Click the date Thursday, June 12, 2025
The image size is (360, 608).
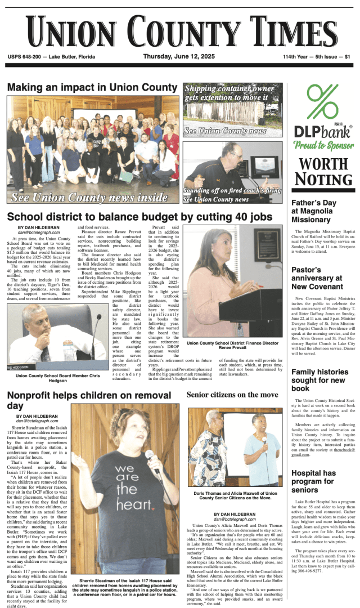click(179, 57)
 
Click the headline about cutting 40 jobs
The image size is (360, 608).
click(139, 217)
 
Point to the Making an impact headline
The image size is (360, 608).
click(92, 87)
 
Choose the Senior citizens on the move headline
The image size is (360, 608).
click(232, 395)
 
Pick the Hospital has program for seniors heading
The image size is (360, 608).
click(314, 481)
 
